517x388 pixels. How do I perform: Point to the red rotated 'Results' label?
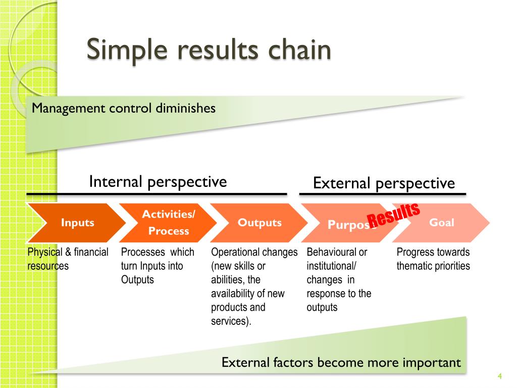tap(393, 215)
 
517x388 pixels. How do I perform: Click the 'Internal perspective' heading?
tap(158, 181)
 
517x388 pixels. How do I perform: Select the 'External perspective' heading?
tap(384, 183)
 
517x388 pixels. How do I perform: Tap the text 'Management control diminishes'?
tap(124, 108)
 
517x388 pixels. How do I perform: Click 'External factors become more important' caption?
tap(341, 362)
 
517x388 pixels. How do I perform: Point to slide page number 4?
tap(499, 375)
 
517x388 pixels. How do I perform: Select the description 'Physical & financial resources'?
tap(68, 259)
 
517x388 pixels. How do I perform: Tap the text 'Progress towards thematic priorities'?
tap(433, 259)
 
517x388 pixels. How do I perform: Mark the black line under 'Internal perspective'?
tap(157, 193)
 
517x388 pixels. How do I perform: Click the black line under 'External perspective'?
tap(383, 193)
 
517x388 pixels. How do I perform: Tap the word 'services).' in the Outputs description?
tap(231, 321)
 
